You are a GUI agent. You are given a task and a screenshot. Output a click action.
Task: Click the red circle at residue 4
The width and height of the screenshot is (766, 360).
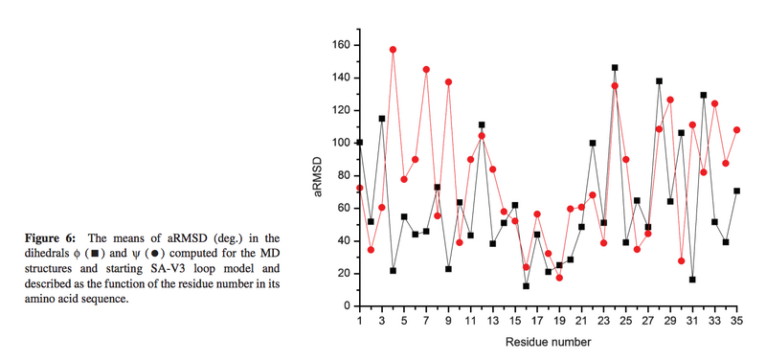click(393, 49)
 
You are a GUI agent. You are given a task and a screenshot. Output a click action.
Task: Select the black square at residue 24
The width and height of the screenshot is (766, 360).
click(615, 68)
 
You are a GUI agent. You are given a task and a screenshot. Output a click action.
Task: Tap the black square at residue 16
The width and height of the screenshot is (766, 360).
click(526, 285)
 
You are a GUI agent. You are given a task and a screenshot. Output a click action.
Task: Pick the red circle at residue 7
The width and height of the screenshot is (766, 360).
click(426, 69)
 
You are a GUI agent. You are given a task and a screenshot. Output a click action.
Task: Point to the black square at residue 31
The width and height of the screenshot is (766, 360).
click(692, 280)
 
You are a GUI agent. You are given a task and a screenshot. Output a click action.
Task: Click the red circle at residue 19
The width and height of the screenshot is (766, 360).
click(559, 278)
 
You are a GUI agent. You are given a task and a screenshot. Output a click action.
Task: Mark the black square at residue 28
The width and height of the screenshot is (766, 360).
click(659, 81)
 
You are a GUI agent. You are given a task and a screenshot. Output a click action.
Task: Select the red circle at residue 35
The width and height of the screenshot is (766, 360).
click(736, 129)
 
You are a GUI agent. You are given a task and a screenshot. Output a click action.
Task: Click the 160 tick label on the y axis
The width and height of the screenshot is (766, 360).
click(338, 45)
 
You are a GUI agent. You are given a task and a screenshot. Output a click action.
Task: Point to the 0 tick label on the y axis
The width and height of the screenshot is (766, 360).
click(345, 306)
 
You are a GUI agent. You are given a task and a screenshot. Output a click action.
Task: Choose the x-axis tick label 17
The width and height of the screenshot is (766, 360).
click(537, 322)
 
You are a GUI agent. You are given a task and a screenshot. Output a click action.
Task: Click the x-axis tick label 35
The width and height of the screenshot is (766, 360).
click(736, 322)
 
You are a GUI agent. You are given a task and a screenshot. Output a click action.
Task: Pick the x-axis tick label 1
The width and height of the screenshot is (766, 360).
click(359, 322)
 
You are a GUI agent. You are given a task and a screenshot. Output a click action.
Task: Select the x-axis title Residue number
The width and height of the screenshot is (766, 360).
click(548, 342)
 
